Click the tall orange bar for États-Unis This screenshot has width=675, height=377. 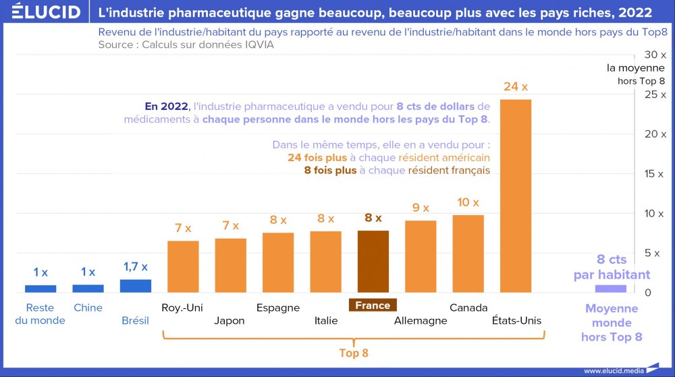coord(516,196)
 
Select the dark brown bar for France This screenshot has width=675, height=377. coord(373,262)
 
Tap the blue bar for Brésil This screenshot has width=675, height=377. coord(136,286)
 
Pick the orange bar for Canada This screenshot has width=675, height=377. coord(468,254)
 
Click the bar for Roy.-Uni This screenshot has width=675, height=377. coord(183,266)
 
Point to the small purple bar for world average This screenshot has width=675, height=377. coord(610,289)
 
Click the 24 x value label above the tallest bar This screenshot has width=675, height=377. coord(516,86)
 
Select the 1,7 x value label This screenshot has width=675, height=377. coord(135,267)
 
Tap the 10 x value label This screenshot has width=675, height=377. coord(468,202)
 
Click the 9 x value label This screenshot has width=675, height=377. coord(421,208)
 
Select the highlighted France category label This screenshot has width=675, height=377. coord(373,306)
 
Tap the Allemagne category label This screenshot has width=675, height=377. coord(421,320)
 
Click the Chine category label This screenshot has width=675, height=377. coord(88,308)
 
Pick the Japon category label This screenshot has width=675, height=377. coord(230,320)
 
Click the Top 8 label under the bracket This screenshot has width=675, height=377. coord(354,353)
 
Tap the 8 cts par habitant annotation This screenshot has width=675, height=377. coord(612,267)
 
